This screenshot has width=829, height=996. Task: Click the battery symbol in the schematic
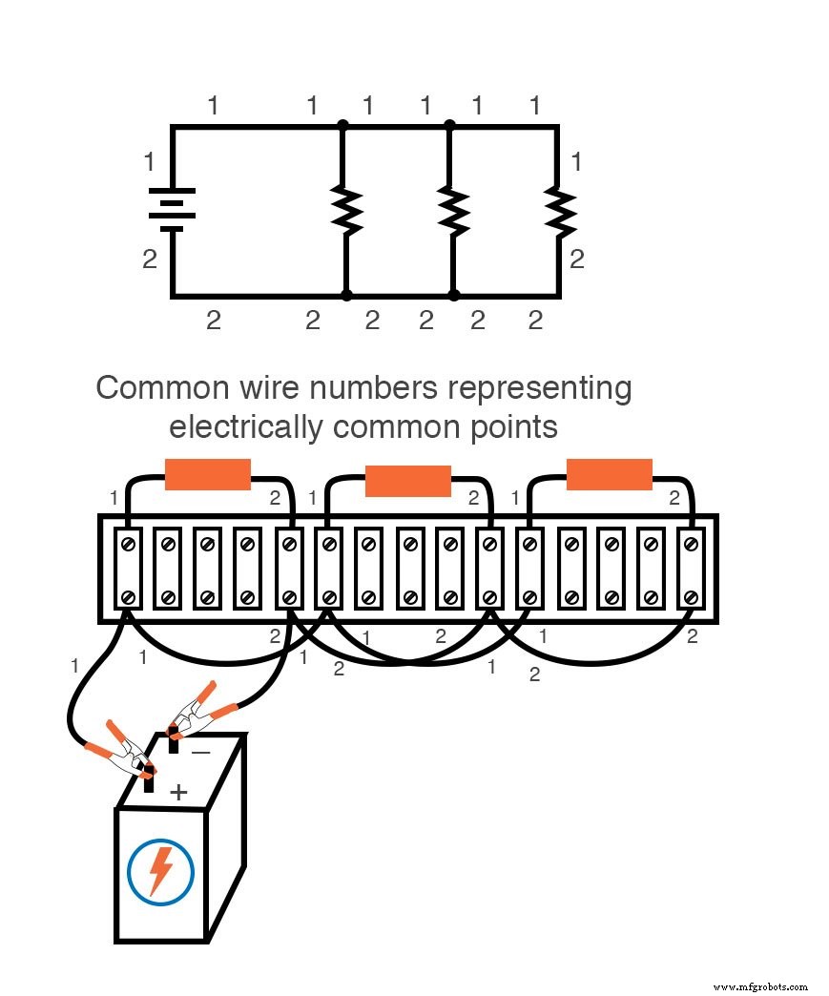point(173,210)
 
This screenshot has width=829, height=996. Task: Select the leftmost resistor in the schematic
point(344,210)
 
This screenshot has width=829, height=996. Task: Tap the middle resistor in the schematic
point(453,210)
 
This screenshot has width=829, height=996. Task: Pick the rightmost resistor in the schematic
point(559,210)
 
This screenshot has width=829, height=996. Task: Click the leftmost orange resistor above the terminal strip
point(208,474)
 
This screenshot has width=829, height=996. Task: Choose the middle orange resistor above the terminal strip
point(408,481)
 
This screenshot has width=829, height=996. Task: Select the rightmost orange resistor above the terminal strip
point(610,474)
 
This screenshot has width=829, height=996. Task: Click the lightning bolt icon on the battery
point(161,871)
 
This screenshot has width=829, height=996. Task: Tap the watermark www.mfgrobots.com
point(760,986)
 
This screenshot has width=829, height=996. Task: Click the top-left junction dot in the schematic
point(343,125)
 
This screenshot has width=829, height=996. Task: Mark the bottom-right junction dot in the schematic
point(454,296)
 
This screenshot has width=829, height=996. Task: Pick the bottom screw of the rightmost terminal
point(691,598)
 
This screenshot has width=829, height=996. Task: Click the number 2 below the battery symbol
point(150,259)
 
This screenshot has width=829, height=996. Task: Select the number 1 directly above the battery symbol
point(149,162)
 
